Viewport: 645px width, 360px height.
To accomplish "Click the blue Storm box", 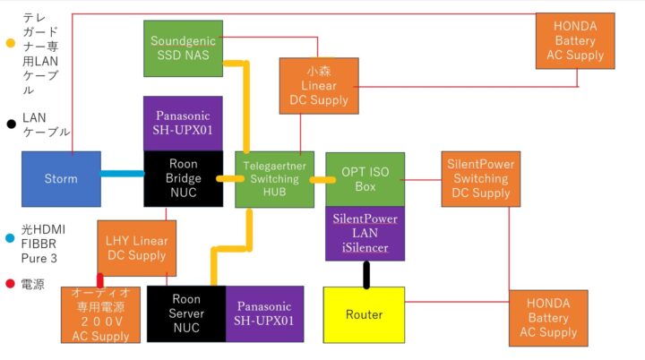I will click(x=61, y=179).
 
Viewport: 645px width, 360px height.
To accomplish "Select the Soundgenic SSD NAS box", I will click(x=182, y=48).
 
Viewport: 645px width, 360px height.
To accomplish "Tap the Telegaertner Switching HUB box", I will click(x=273, y=179).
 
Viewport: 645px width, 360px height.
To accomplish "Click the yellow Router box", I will click(x=364, y=314).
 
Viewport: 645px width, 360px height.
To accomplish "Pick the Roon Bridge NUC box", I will click(x=183, y=179).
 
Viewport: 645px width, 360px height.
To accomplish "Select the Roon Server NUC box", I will click(x=186, y=314).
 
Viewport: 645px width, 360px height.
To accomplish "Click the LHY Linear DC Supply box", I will click(x=136, y=248).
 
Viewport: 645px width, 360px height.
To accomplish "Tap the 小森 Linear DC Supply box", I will click(x=319, y=86).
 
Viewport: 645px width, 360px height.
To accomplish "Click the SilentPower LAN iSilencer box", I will click(x=365, y=233).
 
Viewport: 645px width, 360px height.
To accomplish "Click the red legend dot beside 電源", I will click(x=10, y=285).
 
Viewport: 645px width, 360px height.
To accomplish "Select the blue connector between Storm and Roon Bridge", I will click(x=123, y=173).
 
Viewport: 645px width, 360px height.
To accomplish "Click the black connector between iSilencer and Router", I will click(x=365, y=274).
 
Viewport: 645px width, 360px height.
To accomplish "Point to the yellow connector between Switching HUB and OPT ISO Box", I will click(x=318, y=180).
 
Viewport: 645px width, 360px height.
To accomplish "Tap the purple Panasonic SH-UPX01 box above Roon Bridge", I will click(x=183, y=124).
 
